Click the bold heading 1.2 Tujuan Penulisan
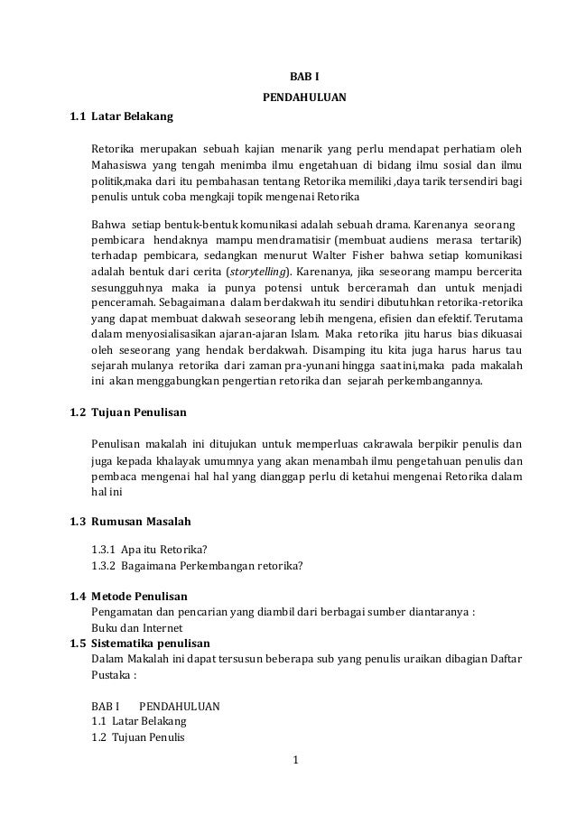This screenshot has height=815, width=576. tap(128, 412)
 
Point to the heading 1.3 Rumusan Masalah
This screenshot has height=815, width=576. tap(130, 522)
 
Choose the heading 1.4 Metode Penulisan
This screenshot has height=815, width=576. tap(128, 597)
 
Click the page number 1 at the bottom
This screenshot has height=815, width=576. tap(297, 770)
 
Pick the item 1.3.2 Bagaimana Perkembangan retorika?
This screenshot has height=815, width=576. tap(197, 566)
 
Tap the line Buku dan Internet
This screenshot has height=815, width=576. tap(137, 628)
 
